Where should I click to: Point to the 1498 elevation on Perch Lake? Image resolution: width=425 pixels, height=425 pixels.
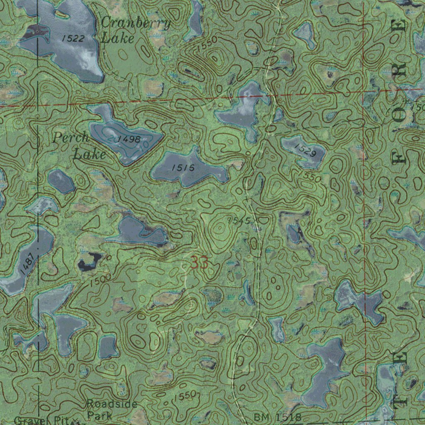pos(129,139)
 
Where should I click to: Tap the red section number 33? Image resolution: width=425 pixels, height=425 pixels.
pos(200,263)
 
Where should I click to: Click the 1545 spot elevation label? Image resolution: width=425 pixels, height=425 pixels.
pos(239,220)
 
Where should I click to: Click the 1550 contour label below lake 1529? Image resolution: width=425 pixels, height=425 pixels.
pos(312,177)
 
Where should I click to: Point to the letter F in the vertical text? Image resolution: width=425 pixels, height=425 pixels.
pos(401,159)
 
